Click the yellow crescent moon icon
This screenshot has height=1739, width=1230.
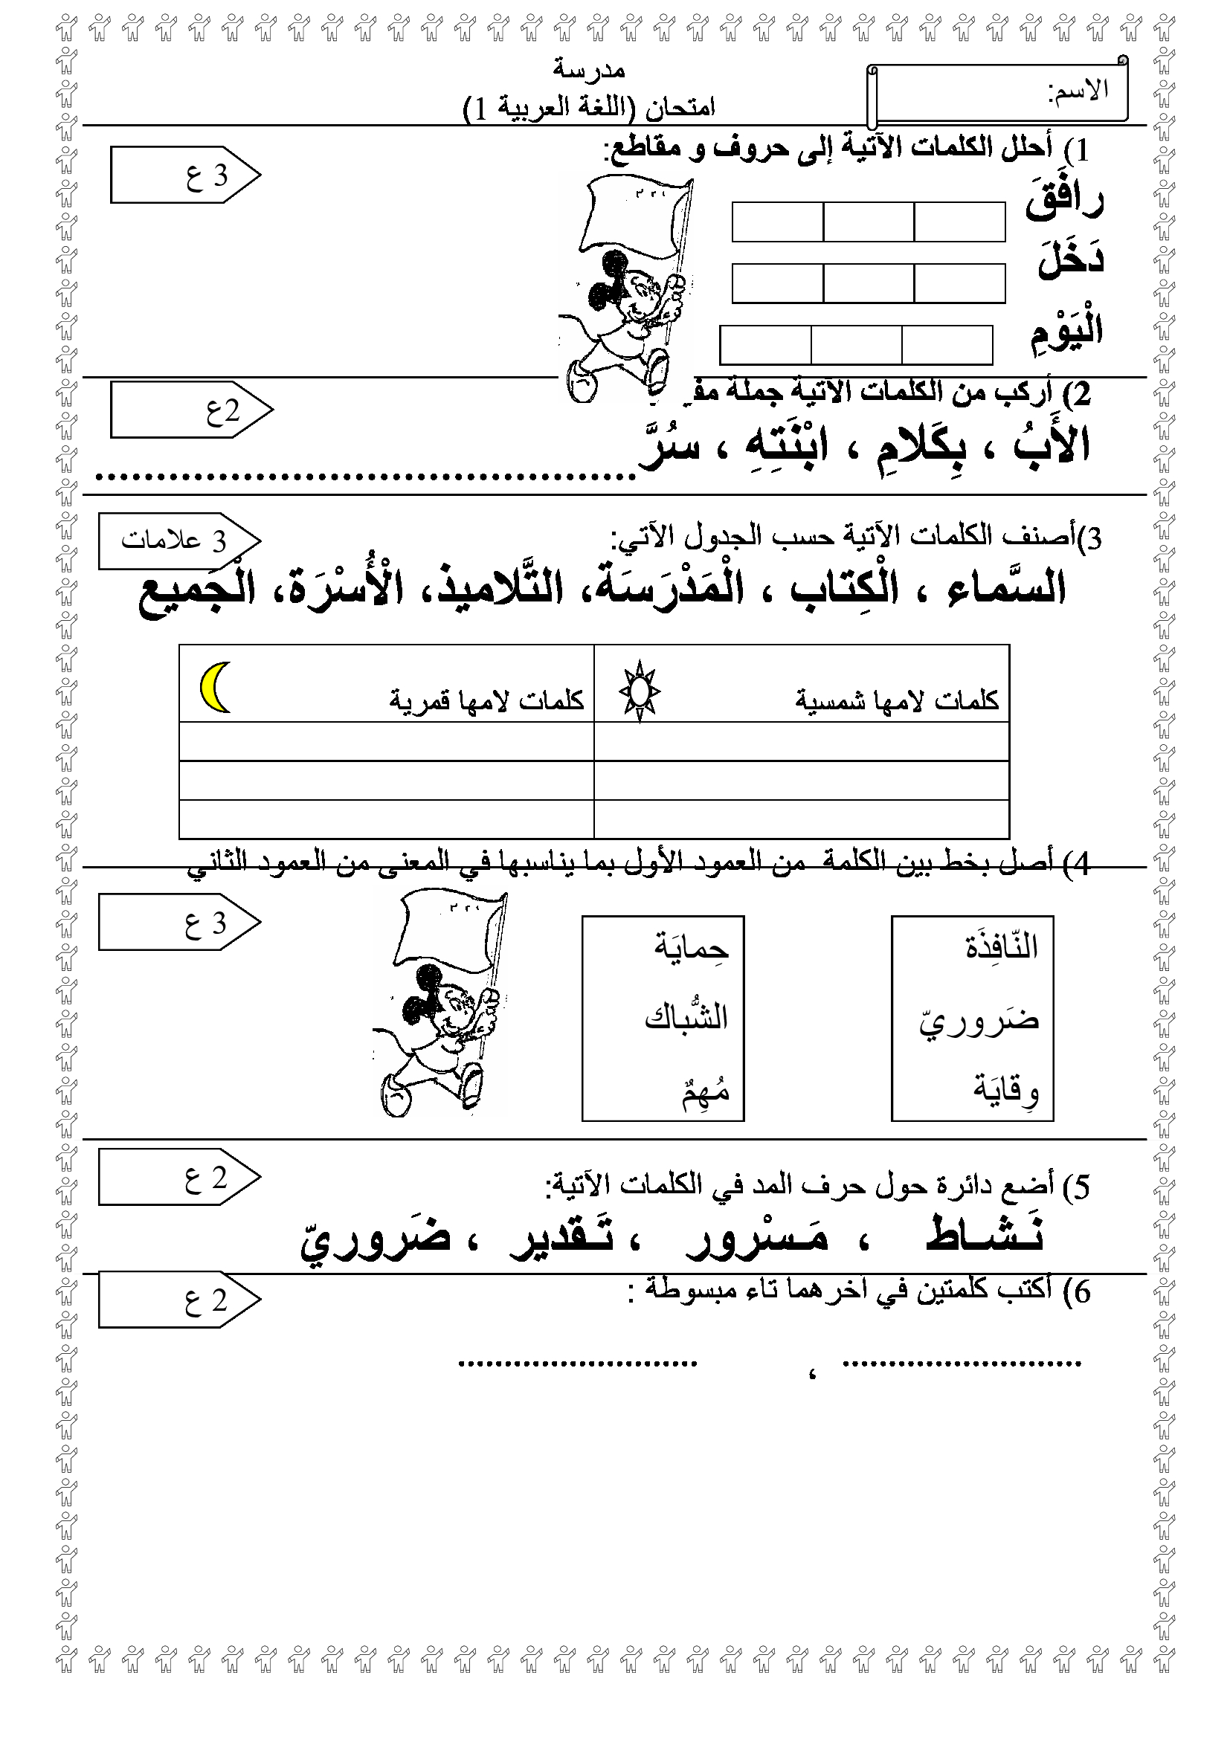click(215, 687)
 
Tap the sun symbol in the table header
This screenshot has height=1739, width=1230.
click(640, 691)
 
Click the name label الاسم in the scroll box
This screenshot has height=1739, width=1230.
click(1077, 91)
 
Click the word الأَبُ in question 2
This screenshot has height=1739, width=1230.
click(1052, 445)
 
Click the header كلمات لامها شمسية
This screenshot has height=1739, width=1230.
click(897, 700)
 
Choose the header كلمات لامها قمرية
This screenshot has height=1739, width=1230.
click(486, 700)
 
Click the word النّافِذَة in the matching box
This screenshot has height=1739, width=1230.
click(1000, 946)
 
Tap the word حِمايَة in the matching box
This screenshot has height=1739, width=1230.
click(692, 946)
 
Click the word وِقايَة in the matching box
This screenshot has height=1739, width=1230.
click(1006, 1089)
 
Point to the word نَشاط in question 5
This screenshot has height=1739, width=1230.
click(985, 1235)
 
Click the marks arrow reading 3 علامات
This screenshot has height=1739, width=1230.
click(178, 541)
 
